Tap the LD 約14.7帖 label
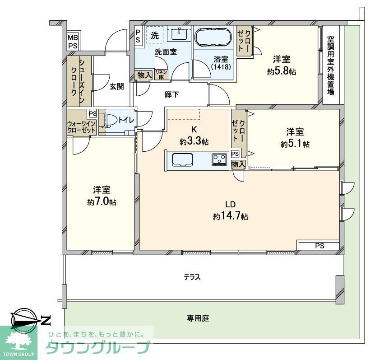coord(231,210)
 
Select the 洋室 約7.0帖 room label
coord(102,196)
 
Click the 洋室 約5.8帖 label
coord(281,65)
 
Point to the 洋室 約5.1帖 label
coord(295,138)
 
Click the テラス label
coord(192,277)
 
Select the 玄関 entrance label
coord(116,87)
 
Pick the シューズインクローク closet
coord(79,81)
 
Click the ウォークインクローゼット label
coord(81,126)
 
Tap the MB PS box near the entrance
coord(73,42)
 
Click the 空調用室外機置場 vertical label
coord(331,65)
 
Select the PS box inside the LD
coord(319,246)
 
